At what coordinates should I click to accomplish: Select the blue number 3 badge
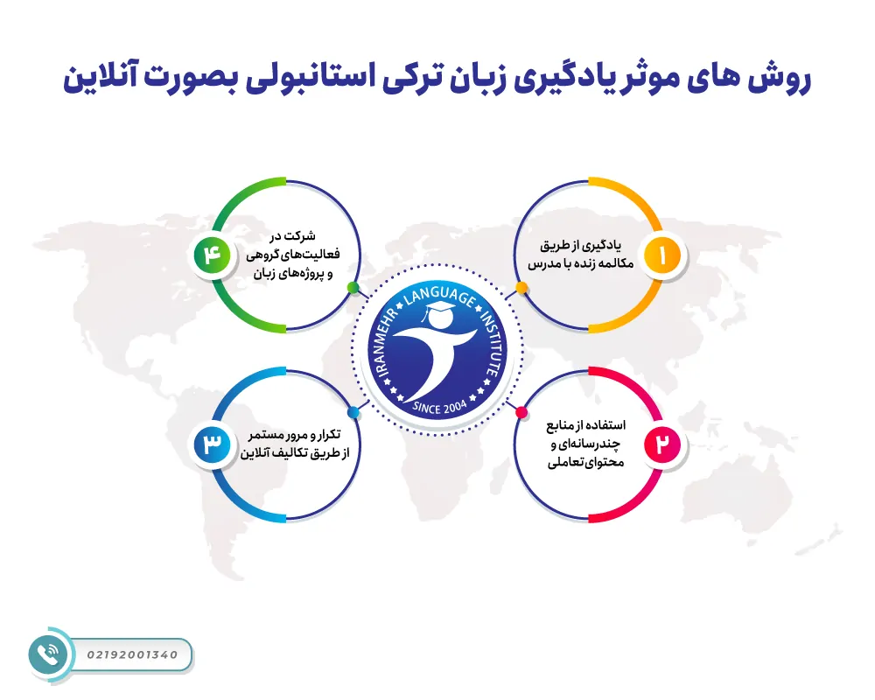click(x=213, y=444)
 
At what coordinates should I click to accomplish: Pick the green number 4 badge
click(x=213, y=255)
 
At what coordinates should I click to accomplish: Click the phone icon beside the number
click(x=48, y=654)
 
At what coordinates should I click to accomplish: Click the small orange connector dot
click(x=521, y=288)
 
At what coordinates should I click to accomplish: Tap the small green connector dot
click(x=353, y=287)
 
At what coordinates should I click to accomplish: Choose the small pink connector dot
click(x=521, y=412)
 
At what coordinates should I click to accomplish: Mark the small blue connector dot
click(x=353, y=412)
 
